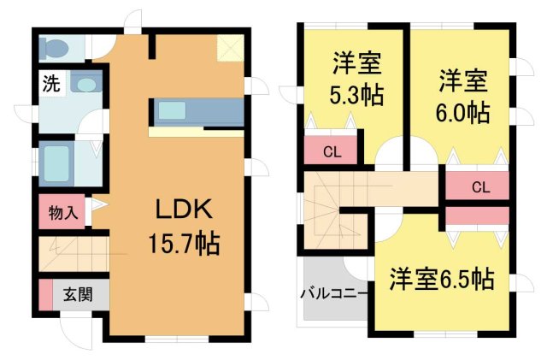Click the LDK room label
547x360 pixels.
(x=182, y=210)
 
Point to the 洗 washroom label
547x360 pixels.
(x=50, y=84)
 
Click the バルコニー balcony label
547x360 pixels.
(x=333, y=293)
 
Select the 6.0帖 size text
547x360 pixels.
(x=464, y=111)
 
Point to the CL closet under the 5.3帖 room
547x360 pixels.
(x=328, y=154)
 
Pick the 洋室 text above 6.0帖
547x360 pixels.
(x=464, y=82)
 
